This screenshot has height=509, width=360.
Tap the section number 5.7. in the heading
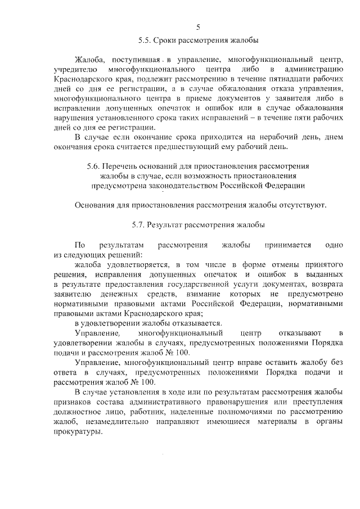[141, 225]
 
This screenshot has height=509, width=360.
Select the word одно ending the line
[334, 245]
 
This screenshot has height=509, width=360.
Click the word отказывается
[190, 323]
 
